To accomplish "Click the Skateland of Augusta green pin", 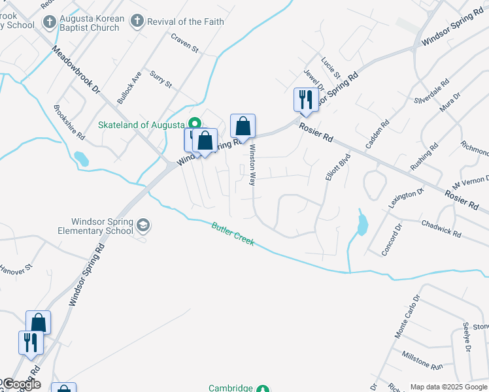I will [194, 123].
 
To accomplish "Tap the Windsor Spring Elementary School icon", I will [143, 227].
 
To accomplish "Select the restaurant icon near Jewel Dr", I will [305, 100].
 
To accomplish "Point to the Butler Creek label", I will [233, 235].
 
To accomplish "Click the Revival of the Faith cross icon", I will [137, 22].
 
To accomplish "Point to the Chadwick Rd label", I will [441, 229].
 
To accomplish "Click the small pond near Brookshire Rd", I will [80, 159].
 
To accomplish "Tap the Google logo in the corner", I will [22, 384].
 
